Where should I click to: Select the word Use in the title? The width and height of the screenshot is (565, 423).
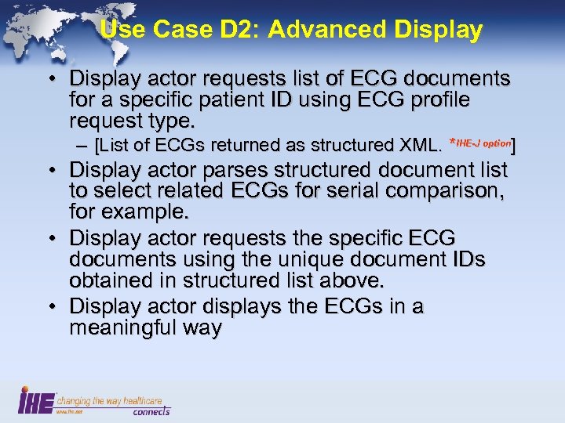[x=118, y=30]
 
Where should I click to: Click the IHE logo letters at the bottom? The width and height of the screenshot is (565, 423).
[x=36, y=400]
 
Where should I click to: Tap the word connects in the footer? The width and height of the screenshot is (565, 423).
[x=151, y=410]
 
